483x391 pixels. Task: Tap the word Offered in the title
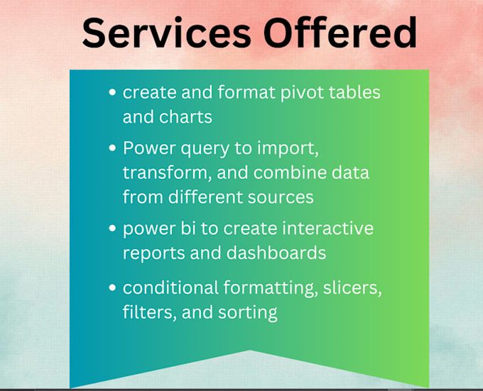[333, 33]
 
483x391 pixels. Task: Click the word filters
[146, 312]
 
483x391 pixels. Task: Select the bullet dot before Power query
[112, 149]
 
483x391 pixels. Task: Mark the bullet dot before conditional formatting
[112, 288]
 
